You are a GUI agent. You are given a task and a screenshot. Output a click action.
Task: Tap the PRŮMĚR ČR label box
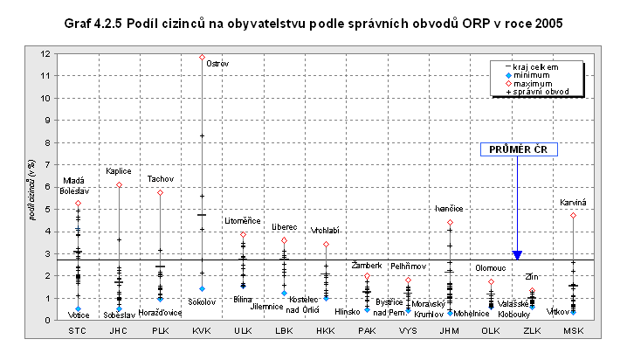pos(517,149)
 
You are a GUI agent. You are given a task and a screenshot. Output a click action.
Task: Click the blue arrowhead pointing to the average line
pos(517,254)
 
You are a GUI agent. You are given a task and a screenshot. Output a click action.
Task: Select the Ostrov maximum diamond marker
pos(202,57)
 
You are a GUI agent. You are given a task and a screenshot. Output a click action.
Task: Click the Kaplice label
pos(119,171)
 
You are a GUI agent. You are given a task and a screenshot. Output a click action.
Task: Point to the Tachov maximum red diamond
pos(160,192)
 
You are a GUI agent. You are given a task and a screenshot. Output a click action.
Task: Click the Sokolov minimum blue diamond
pos(202,288)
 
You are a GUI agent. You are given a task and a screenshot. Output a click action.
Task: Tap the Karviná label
pos(574,203)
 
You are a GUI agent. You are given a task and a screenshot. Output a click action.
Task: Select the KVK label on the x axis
pos(202,332)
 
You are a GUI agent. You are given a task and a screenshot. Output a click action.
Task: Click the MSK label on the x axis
pos(574,332)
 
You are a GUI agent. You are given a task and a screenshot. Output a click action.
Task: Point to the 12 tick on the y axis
pos(44,54)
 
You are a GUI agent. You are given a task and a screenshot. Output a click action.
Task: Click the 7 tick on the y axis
pos(45,165)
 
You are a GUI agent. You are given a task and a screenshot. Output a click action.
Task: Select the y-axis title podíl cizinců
pos(32,188)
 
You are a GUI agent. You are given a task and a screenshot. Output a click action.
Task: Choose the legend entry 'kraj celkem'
pos(535,66)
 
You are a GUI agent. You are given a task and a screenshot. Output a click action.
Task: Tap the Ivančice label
pos(450,209)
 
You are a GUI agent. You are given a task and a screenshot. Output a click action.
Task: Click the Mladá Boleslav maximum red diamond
pos(78,204)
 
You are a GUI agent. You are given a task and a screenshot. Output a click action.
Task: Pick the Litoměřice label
pos(242,221)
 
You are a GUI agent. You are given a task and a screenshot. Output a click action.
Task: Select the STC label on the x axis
pos(78,332)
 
